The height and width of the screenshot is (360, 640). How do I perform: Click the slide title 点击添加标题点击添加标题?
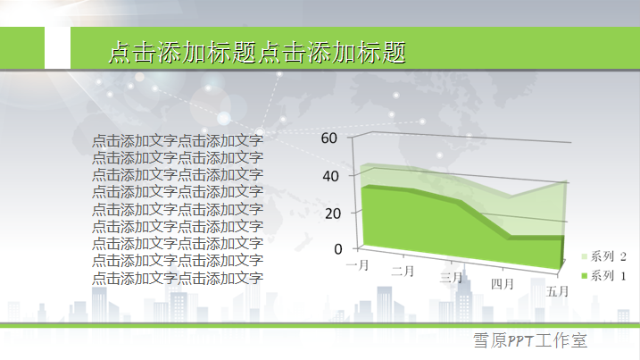(258, 53)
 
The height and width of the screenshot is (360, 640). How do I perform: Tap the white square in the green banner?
(57, 48)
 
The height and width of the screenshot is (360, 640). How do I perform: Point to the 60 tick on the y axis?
(329, 138)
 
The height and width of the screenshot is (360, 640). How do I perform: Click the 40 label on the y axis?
(330, 176)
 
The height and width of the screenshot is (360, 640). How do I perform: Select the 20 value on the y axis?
(333, 213)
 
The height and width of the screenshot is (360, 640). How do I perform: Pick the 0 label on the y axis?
(338, 249)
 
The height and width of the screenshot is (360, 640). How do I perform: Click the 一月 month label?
(358, 265)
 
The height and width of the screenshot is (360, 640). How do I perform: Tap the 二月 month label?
(403, 271)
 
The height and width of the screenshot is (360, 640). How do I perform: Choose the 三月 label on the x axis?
(451, 278)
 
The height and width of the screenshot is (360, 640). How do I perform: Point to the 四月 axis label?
(502, 284)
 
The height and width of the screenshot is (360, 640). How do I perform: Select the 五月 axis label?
(557, 291)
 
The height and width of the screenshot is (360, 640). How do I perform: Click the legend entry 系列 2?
(608, 256)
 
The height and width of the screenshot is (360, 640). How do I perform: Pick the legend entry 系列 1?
(608, 276)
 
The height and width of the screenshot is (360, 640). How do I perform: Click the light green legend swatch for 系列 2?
(585, 256)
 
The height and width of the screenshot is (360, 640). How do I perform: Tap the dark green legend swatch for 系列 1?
(585, 276)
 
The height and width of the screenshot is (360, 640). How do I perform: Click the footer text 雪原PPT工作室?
(530, 340)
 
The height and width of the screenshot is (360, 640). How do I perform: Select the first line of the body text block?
(178, 140)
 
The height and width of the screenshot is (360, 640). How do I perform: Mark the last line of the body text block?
(178, 278)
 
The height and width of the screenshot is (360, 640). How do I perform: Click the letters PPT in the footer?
(520, 341)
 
